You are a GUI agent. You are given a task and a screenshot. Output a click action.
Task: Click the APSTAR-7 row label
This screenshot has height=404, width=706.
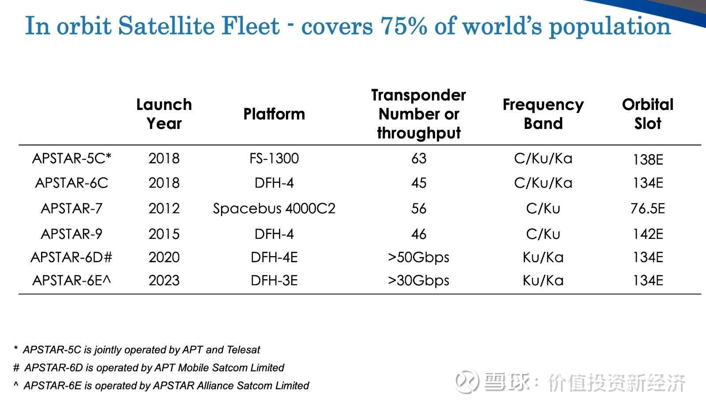tap(71, 208)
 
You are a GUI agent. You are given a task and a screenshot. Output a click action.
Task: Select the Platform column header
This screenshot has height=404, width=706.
tap(274, 114)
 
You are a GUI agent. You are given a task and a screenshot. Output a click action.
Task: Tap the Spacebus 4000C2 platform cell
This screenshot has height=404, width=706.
tap(274, 208)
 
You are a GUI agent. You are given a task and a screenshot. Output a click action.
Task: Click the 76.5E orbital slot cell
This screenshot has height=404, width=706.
tap(647, 208)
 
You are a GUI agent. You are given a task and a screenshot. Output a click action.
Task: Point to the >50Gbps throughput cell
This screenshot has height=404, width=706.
tap(418, 257)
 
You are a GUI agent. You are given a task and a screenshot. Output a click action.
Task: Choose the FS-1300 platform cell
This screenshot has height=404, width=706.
tap(274, 159)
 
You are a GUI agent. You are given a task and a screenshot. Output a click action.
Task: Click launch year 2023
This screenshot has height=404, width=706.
tap(164, 280)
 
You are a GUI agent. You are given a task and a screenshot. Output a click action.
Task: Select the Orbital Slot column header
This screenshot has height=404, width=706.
tap(647, 114)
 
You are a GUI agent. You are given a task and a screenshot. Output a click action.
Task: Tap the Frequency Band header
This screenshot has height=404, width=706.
tap(543, 114)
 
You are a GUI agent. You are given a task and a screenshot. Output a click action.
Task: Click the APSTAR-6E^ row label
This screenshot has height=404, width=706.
tap(71, 280)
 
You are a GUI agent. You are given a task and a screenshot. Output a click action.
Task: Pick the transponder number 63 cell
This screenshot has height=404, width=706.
tap(419, 159)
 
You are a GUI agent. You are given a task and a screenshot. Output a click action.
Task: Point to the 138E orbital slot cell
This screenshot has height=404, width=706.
tap(647, 159)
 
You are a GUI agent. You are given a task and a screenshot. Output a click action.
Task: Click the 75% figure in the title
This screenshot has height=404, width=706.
tap(404, 26)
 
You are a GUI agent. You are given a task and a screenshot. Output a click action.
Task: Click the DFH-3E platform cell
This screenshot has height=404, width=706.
tap(274, 280)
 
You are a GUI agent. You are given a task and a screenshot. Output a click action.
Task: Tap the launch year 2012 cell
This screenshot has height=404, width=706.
tap(164, 208)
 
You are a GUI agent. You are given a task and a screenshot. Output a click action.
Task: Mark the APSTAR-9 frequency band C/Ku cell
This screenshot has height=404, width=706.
tap(543, 234)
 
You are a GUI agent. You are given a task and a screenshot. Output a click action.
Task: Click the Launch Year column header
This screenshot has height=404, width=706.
tap(164, 114)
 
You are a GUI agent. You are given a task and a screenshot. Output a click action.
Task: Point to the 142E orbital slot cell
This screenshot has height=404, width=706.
tap(647, 234)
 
